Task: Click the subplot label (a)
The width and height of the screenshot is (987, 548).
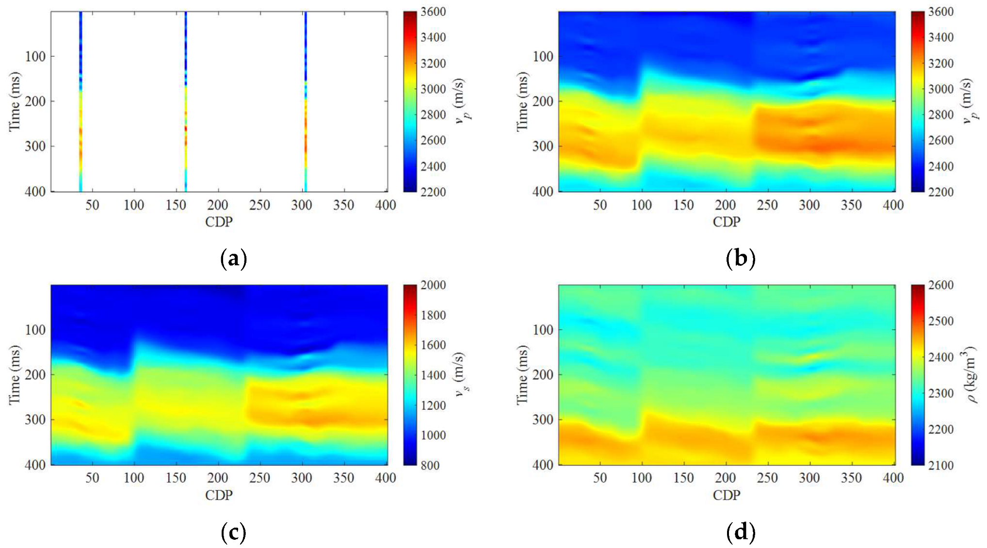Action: point(233,258)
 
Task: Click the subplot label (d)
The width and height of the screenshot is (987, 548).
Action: point(741,532)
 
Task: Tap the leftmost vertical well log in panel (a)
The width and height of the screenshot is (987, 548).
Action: point(81,102)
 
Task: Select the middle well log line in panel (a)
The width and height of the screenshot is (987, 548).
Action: point(186,102)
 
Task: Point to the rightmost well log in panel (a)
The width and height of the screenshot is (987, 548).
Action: point(306,102)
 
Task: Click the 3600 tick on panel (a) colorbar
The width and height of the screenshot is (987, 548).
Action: point(433,12)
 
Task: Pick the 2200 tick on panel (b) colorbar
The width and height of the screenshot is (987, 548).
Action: point(940,192)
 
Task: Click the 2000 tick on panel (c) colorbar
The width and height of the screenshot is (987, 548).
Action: point(433,285)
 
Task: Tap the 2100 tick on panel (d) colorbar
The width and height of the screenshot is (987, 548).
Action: point(940,465)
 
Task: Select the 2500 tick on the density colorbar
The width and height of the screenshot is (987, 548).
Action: point(940,321)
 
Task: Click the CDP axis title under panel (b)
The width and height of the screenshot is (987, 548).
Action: point(726,222)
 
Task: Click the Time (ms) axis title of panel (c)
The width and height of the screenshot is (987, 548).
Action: point(15,375)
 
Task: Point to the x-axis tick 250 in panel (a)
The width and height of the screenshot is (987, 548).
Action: point(259,205)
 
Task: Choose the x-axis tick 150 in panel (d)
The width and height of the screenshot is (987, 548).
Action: point(683,478)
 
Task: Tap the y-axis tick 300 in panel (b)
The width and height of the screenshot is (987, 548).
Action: point(543,146)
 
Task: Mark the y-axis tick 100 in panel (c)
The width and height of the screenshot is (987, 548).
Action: point(35,330)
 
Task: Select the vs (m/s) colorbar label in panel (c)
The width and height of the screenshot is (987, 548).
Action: point(460,375)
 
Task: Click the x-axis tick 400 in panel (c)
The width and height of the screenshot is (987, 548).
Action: point(385,478)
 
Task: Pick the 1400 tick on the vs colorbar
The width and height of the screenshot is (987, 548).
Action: point(433,375)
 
